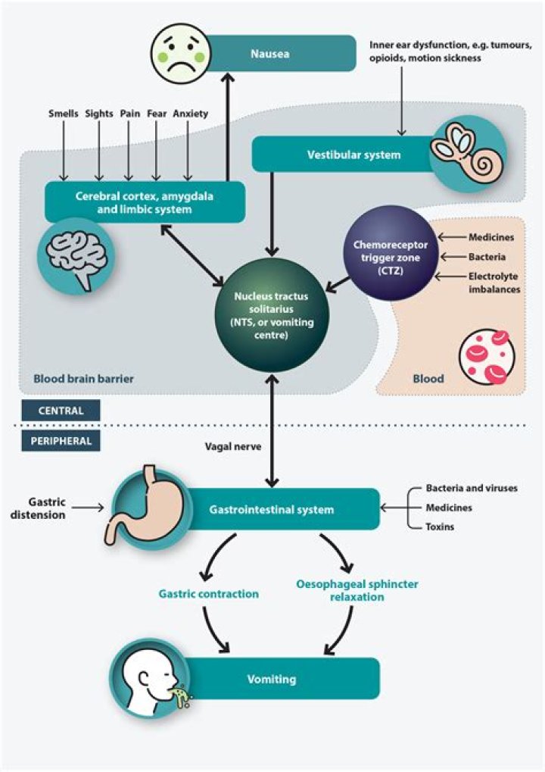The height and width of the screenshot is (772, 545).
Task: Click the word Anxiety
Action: pos(190,114)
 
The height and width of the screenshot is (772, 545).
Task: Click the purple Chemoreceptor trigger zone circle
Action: pos(391,250)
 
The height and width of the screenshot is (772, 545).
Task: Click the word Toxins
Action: pos(440,527)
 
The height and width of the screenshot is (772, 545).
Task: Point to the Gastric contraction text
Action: pos(208,594)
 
